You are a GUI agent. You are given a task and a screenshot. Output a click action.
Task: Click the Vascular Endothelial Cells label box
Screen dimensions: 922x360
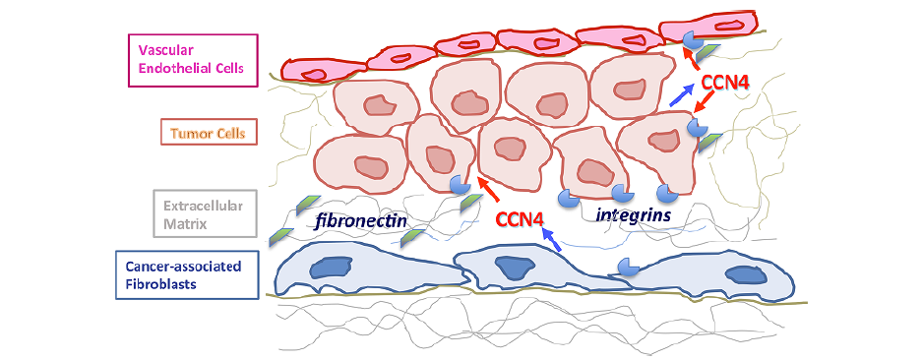point(194,60)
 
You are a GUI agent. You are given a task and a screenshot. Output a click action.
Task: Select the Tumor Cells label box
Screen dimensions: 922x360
point(210,133)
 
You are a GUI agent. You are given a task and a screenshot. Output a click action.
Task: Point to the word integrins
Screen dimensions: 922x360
point(634,214)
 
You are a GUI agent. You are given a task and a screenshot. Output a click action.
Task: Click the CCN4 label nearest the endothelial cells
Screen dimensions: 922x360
point(725,83)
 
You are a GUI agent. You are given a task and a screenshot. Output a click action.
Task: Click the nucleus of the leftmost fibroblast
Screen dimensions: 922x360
point(324,268)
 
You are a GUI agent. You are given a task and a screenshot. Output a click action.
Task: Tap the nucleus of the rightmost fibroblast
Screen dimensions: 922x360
point(747,274)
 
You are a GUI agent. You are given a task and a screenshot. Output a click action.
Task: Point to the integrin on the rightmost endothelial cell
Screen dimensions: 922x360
point(692,40)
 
